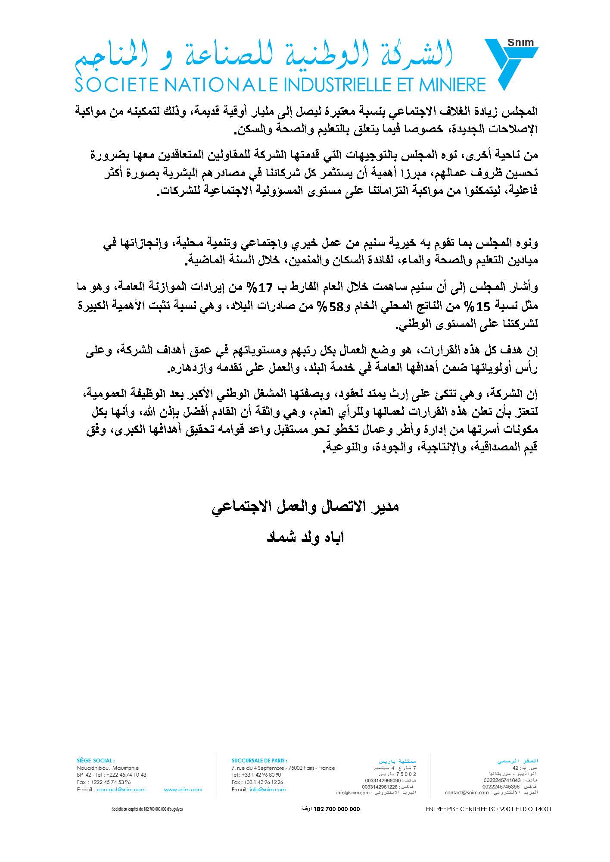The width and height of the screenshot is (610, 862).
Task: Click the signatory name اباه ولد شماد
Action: coord(305,538)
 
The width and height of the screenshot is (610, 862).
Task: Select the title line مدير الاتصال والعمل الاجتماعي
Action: coord(305,506)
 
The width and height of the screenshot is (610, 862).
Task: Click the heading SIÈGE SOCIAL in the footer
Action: coord(96,761)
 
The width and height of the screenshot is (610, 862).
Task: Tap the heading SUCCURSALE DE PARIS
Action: coord(259,761)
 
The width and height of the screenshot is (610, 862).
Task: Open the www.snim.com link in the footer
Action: coord(183,790)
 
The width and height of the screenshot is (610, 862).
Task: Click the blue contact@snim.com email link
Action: coord(121,790)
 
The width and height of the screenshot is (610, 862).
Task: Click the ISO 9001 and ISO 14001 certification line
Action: coord(489,809)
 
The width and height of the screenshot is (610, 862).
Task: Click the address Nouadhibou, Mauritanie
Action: coord(108,768)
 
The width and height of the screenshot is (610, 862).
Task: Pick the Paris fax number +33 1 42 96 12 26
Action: coord(257,782)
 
